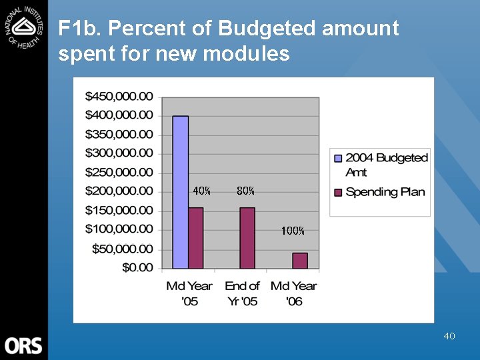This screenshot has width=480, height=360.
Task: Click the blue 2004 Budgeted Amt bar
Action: pos(181,192)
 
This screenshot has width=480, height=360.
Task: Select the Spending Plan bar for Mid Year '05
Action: pos(196,238)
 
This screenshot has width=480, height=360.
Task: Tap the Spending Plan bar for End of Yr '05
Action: pos(247,238)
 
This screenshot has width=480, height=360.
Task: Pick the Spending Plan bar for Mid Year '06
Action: pos(300,261)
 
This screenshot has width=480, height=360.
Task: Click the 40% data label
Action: pos(201,191)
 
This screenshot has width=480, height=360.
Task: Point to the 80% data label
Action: pos(245,191)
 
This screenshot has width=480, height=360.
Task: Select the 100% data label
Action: pos(293,231)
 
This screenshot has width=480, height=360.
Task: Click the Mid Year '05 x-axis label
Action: pos(189,293)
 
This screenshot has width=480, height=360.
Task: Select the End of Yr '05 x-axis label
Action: pos(242,293)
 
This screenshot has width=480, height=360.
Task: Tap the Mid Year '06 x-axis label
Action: pos(294,293)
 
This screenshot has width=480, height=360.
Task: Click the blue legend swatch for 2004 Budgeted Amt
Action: pos(337,158)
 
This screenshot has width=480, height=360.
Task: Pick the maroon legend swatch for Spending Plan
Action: pos(337,192)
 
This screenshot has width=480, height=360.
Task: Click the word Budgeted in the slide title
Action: pos(267,29)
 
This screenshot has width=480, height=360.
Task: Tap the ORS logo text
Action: pos(23,346)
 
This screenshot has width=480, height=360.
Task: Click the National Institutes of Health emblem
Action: pos(23,25)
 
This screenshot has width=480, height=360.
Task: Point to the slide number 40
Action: pos(449,336)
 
